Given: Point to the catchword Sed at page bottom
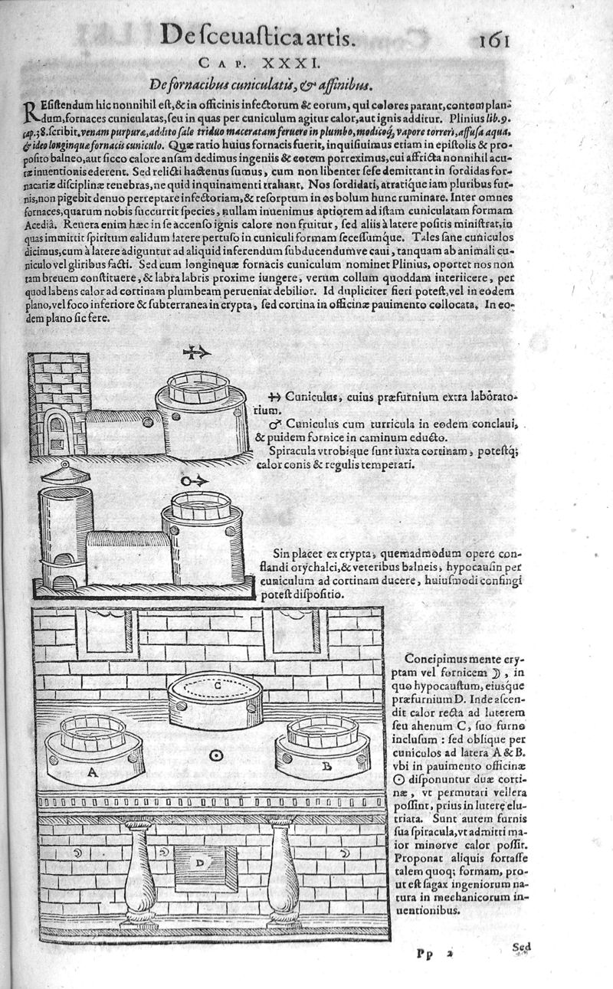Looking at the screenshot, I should [x=521, y=946].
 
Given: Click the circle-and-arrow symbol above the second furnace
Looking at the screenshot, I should [x=192, y=480].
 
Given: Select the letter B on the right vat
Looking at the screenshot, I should [x=326, y=765].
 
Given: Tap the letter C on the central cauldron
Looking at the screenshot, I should [x=218, y=686].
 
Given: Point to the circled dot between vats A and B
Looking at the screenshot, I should [x=217, y=755].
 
